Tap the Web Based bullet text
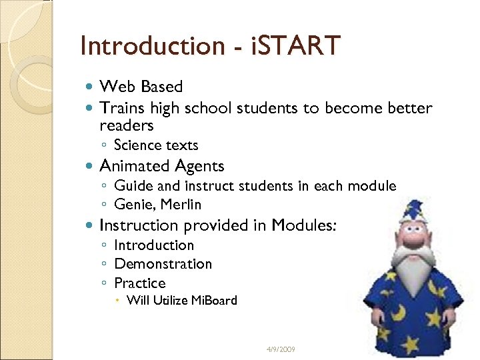tap(141, 87)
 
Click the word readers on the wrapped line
tap(127, 125)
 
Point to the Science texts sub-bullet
tap(156, 145)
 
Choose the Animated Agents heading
tap(161, 166)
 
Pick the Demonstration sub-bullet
tap(163, 264)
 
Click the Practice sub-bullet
tap(139, 283)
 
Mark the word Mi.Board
tap(214, 301)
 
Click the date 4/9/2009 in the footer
tap(280, 350)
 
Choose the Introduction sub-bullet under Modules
tap(154, 245)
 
